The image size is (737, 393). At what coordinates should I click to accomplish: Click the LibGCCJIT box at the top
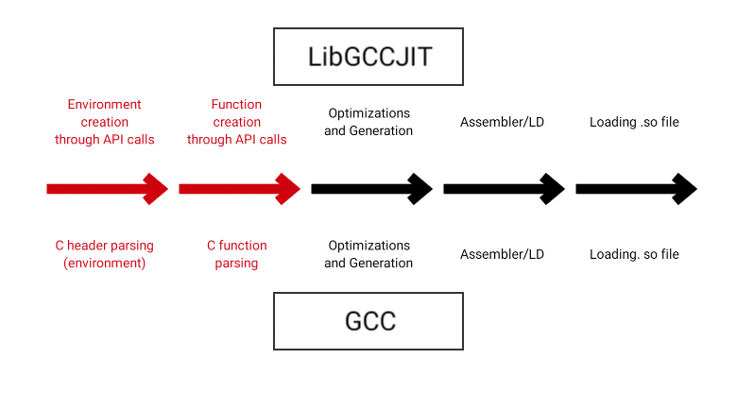368,56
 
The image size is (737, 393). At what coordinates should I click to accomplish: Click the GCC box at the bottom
368,320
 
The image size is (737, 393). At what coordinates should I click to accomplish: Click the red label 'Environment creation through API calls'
104,122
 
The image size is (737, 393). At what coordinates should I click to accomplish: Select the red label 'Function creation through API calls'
236,122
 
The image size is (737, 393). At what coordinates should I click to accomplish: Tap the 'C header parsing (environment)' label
104,254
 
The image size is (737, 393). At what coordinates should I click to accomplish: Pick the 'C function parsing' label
236,254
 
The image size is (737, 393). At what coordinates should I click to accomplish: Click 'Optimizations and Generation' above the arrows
368,122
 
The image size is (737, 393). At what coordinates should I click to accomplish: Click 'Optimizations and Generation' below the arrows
368,254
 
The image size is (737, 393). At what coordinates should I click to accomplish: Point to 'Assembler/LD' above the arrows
502,123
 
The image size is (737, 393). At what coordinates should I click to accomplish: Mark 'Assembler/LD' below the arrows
502,254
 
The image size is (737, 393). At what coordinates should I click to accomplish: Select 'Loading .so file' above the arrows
634,123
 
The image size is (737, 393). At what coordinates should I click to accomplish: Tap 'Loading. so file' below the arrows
634,254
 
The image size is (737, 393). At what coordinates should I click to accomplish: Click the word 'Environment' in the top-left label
104,105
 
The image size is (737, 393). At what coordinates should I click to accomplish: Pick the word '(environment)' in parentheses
104,264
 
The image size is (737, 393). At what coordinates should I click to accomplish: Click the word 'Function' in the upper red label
236,105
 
